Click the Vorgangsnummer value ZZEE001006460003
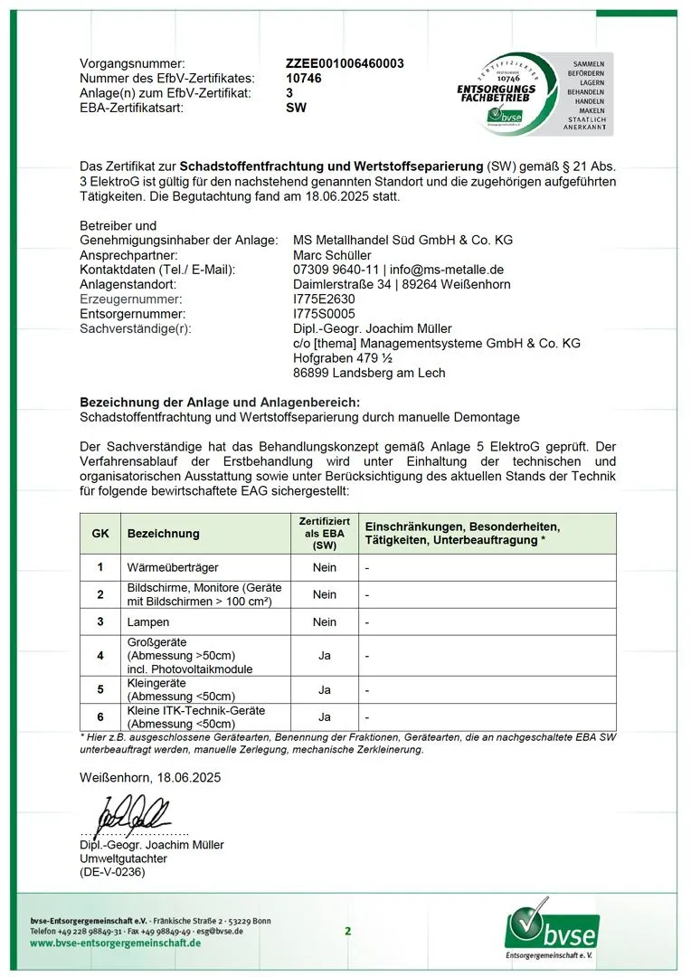click(345, 63)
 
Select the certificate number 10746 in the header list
click(303, 78)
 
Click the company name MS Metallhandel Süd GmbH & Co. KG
click(402, 240)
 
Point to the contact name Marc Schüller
click(332, 255)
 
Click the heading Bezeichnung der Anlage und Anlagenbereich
click(220, 402)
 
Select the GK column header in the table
click(100, 534)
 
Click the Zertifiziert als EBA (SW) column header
click(324, 534)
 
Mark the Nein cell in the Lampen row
click(324, 622)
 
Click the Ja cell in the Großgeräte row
click(324, 656)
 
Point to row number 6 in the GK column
click(100, 717)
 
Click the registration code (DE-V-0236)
click(112, 872)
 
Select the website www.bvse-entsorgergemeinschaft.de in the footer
click(116, 943)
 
